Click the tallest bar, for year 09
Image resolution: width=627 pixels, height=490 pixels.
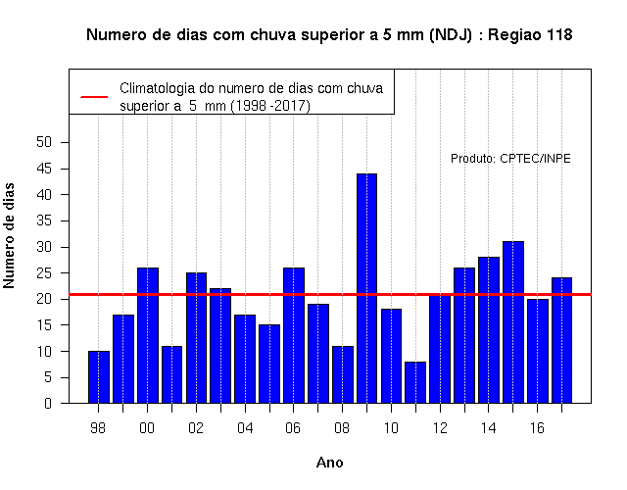[366, 288]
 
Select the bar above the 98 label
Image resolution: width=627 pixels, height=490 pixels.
[98, 376]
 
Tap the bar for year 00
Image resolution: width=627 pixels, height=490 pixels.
[148, 335]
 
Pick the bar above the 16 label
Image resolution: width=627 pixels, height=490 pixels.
[538, 351]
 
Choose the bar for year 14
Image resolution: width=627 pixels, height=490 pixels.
[489, 330]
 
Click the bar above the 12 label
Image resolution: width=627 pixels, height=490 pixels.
[440, 349]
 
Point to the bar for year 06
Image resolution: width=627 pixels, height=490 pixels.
[294, 335]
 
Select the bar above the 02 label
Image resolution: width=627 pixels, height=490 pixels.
[196, 338]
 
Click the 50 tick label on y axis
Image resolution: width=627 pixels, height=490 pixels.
[44, 142]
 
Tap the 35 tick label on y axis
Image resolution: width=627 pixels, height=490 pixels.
[44, 220]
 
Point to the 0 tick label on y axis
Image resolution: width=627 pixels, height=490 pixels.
[48, 403]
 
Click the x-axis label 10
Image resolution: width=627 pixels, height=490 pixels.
[391, 428]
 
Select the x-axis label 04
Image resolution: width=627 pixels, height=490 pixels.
[245, 428]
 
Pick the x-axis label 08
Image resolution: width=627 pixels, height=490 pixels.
[342, 428]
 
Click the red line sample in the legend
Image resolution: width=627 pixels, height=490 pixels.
[94, 97]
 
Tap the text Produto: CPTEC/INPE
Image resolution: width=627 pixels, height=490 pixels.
[510, 159]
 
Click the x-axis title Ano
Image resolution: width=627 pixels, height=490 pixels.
[330, 463]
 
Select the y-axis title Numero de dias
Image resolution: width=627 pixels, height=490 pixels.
[9, 235]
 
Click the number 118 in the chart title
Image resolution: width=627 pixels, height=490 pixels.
[559, 35]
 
